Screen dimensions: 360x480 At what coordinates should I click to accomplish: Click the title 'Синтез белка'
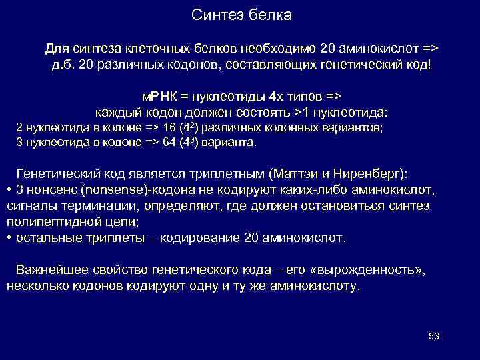click(x=241, y=15)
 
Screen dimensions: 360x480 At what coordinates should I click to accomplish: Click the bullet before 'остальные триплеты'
click(x=9, y=238)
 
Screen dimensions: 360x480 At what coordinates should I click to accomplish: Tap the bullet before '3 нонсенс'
click(x=9, y=191)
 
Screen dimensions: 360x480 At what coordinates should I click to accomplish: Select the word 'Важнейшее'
click(x=52, y=270)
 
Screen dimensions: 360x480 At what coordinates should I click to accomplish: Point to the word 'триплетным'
click(x=227, y=174)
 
